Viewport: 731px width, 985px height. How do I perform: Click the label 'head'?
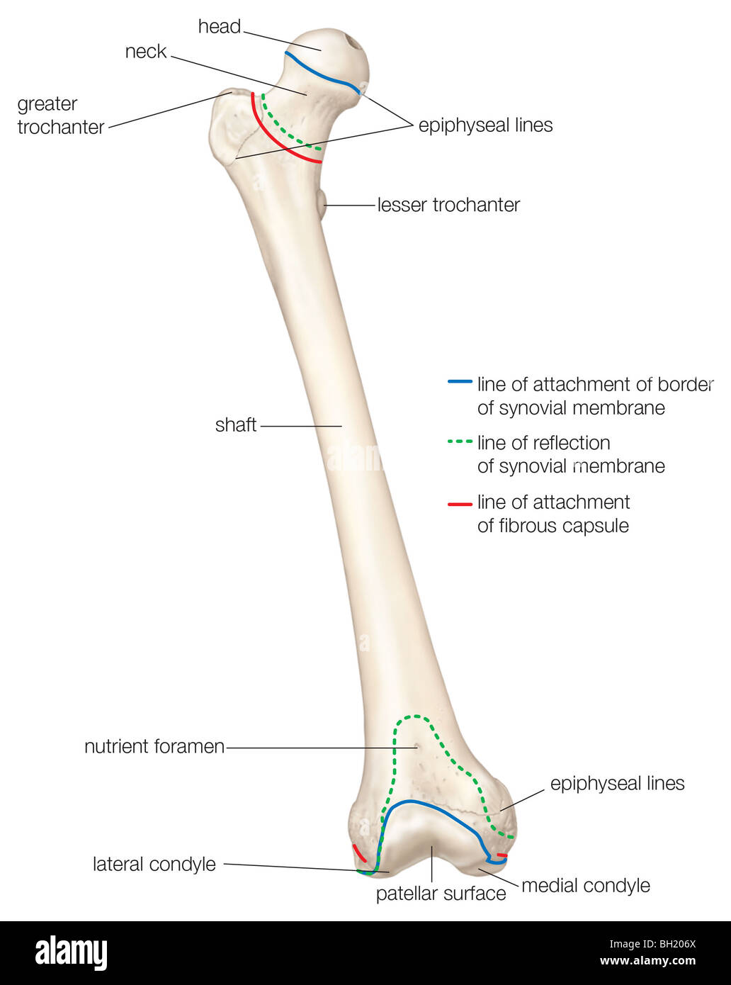pos(220,27)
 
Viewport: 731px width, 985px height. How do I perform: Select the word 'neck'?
pos(145,52)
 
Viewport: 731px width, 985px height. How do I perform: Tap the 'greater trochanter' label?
pos(60,116)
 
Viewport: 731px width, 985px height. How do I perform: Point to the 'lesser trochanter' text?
pos(448,206)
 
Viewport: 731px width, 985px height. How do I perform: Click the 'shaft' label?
pos(236,425)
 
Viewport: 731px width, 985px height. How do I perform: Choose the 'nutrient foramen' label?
pos(154,747)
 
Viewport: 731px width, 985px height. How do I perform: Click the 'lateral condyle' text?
pos(154,865)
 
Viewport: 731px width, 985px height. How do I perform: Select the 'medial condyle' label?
pos(585,886)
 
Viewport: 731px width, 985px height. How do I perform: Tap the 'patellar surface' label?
pos(441,894)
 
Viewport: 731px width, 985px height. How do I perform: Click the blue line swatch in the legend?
pos(460,382)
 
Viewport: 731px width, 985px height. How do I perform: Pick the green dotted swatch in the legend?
pos(460,441)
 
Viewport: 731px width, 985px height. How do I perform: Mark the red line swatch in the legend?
pos(460,504)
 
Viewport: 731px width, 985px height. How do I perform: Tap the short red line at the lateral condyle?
pos(358,852)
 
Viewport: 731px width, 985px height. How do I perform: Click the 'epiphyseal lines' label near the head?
pos(485,126)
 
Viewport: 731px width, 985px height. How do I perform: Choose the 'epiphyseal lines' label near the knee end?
pos(617,784)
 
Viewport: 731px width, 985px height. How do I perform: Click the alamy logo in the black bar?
pos(71,952)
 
